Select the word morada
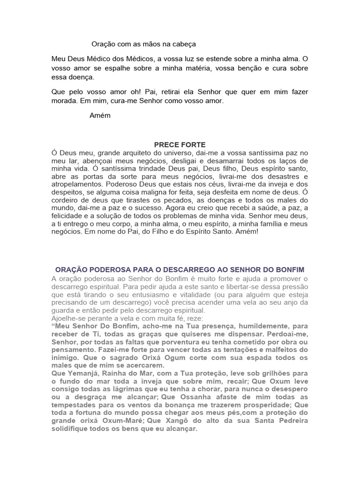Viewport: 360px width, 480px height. (64, 101)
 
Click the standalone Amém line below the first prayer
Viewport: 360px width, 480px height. (100, 115)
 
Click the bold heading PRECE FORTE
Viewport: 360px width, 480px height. (180, 145)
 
